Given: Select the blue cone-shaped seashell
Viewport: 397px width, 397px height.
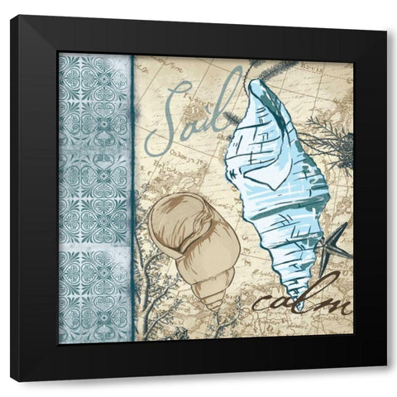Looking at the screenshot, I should coord(277,182).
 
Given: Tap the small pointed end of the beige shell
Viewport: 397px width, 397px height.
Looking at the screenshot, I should coord(216,304).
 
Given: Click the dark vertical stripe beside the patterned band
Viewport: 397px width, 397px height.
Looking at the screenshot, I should coord(132,198).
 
